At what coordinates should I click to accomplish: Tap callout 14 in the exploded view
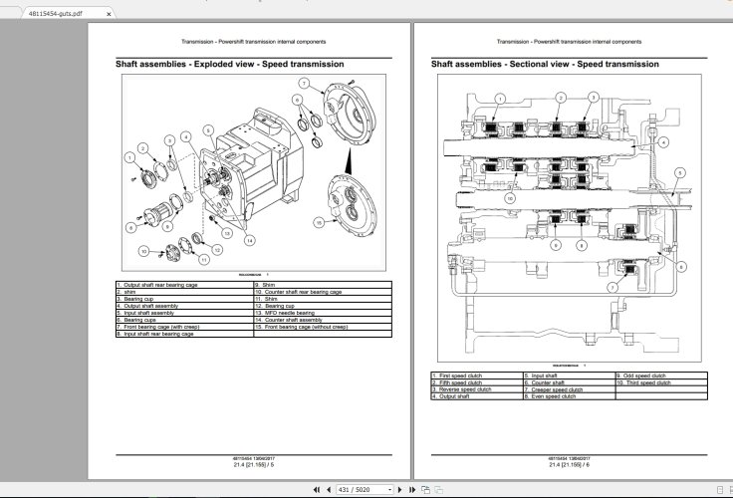[x=247, y=240]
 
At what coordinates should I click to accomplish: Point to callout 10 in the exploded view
[x=142, y=250]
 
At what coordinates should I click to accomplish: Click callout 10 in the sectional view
[x=508, y=198]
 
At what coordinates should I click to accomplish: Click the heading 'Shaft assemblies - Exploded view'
[x=230, y=64]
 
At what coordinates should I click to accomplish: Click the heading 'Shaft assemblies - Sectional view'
[x=544, y=64]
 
